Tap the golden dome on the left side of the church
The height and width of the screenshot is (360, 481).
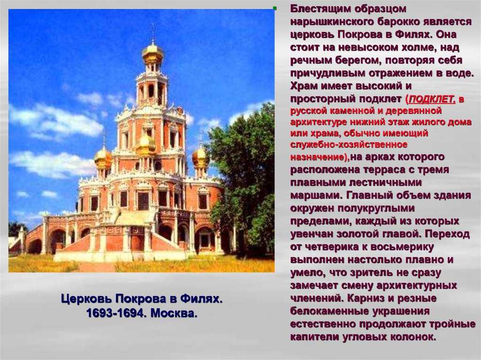tap(103, 157)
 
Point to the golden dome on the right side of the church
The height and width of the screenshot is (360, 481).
tap(200, 157)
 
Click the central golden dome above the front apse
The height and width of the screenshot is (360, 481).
tap(146, 145)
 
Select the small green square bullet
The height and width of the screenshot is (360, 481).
tap(274, 8)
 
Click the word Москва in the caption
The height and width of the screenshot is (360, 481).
tap(174, 314)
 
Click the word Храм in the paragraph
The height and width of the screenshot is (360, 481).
tap(304, 86)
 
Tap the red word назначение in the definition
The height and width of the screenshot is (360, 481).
tap(319, 157)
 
